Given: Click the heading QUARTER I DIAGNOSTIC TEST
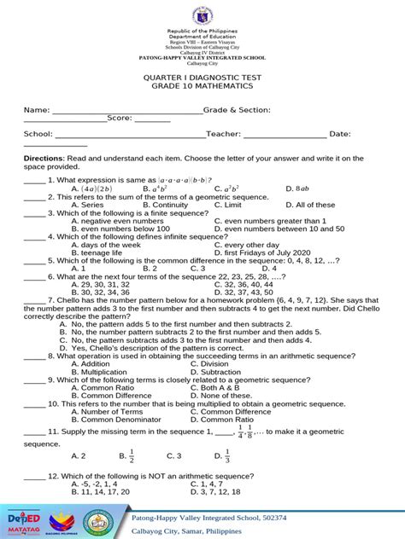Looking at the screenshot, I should coord(202,76).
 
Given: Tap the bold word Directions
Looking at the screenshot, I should coord(44,158).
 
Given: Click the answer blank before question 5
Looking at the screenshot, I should coord(33,262).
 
